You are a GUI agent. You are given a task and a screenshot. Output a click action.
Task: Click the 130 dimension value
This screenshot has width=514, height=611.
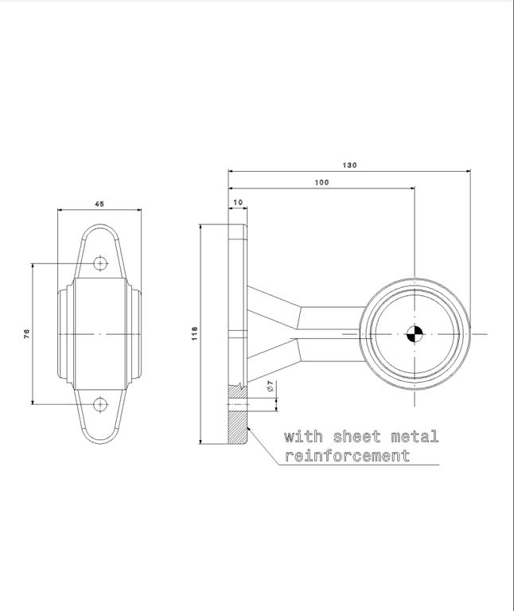point(349,165)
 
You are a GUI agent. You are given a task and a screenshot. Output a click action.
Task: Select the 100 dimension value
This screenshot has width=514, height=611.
point(321,182)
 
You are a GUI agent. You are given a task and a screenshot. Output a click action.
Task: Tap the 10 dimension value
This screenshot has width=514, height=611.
point(238,202)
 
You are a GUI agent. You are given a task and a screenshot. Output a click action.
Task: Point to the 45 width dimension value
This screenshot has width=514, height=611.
point(99,204)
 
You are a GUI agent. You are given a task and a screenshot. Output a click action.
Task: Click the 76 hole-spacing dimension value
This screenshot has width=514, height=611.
point(26,334)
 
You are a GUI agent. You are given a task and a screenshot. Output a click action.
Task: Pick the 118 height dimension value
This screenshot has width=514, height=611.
point(194,333)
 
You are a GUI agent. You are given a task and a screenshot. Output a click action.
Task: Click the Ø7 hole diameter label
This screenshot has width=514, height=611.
point(271,387)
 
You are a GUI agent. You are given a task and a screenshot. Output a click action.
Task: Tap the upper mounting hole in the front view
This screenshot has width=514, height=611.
point(100,263)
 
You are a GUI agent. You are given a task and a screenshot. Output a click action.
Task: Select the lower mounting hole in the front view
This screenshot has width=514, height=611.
point(100,404)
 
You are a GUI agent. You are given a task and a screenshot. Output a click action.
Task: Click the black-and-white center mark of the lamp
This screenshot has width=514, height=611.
point(415,334)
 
